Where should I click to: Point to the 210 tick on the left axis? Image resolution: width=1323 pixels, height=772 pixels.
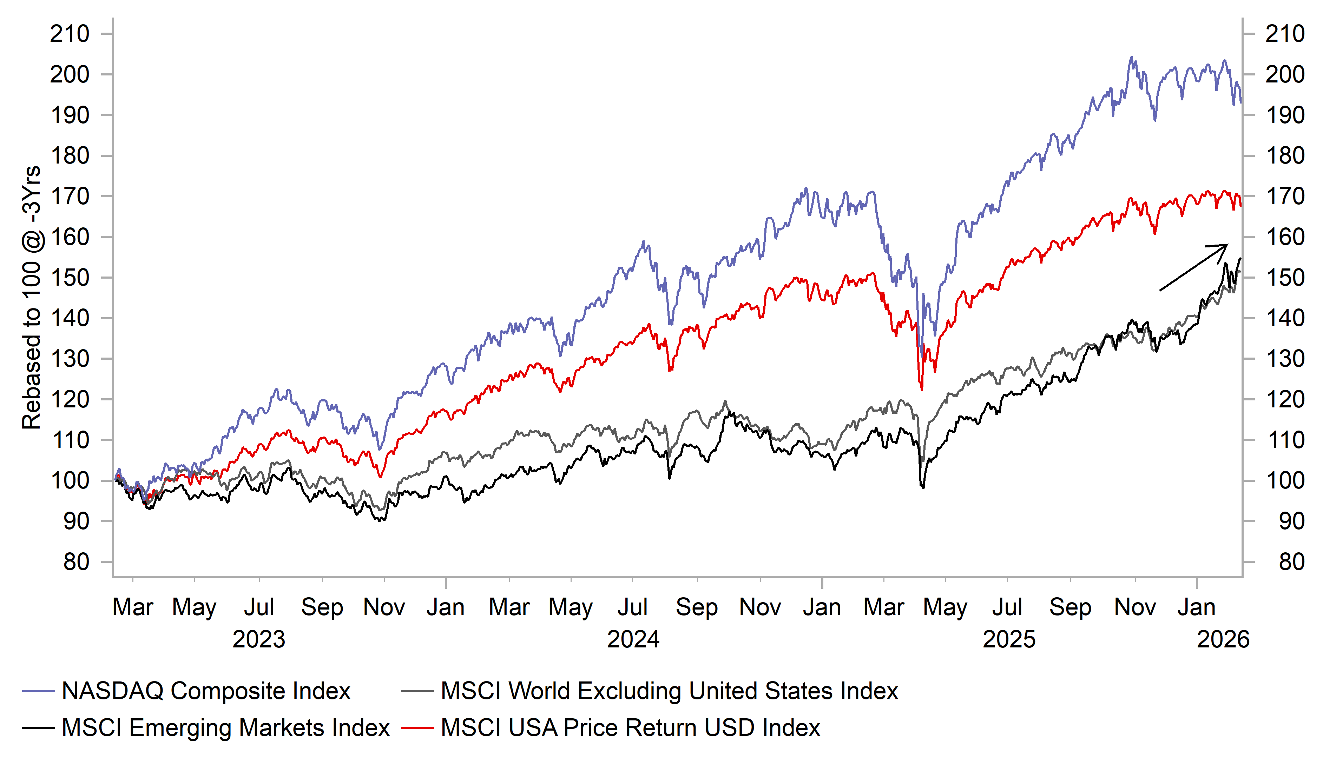click(x=70, y=34)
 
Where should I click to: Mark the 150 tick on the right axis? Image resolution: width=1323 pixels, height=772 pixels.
click(x=1285, y=278)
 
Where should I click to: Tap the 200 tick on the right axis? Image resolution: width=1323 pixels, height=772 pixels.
click(x=1285, y=74)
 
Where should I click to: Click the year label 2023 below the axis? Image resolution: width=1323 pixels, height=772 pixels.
click(x=258, y=639)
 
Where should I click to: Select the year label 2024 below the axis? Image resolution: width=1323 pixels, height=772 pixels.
click(x=633, y=639)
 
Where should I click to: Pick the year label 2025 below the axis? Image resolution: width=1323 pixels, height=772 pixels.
click(x=1008, y=639)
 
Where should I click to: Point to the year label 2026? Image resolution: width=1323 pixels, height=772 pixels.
click(x=1223, y=639)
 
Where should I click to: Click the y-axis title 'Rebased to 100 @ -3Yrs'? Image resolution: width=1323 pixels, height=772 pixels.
click(x=32, y=298)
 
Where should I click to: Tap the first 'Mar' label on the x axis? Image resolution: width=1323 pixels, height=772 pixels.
click(x=132, y=607)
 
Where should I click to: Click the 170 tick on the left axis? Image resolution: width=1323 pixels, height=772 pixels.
click(x=70, y=196)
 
